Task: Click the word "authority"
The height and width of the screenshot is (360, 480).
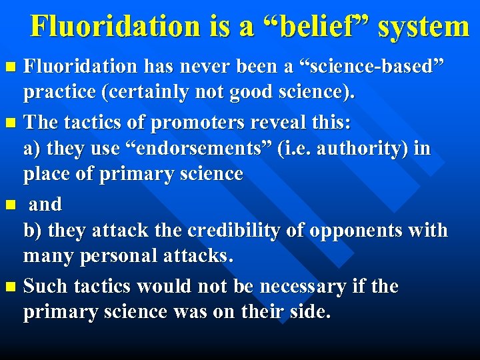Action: [x=367, y=149]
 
